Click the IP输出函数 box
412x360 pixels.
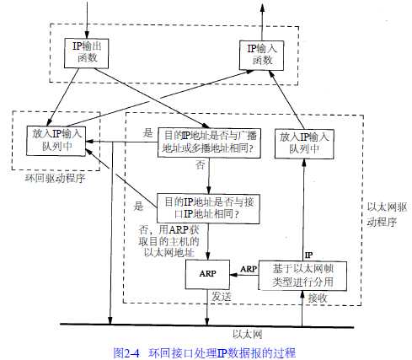86,53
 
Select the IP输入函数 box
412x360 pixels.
261,56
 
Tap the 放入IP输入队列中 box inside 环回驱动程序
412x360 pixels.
56,141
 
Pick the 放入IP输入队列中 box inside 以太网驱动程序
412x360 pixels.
304,144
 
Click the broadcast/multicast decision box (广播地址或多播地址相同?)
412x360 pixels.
209,142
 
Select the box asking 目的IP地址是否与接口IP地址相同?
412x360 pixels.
208,208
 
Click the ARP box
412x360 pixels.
207,274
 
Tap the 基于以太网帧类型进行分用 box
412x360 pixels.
302,276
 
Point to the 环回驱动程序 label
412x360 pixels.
55,178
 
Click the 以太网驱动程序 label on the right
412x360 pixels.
387,215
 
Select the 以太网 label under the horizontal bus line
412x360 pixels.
248,334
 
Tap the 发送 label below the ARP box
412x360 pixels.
222,296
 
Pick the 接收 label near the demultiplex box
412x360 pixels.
318,298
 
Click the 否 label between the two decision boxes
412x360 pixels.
200,164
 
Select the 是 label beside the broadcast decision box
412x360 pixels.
147,132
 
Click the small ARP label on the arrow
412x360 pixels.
249,269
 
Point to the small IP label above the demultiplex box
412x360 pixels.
308,255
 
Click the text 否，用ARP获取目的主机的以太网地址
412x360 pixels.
169,241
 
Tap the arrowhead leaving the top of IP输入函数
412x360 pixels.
262,8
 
